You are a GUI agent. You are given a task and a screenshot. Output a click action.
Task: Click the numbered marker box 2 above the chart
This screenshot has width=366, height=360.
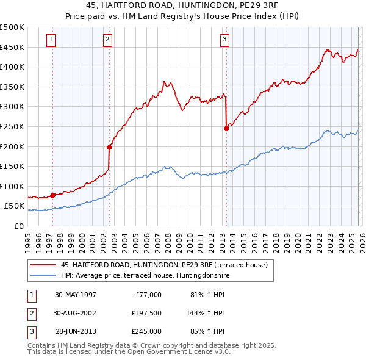107,40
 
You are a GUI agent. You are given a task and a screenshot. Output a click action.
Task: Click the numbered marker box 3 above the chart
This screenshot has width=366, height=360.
224,40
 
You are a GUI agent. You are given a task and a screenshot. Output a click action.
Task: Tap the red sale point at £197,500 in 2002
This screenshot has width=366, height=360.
110,147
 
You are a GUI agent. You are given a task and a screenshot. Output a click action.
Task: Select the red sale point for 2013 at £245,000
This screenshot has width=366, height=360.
226,128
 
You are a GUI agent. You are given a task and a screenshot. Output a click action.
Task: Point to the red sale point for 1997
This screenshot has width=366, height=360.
53,195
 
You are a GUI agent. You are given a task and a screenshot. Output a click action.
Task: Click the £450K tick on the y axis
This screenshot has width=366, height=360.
13,47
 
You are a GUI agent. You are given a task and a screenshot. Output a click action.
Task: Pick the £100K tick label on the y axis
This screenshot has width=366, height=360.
13,186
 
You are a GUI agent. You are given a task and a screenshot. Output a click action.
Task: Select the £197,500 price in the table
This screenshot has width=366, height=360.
146,313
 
